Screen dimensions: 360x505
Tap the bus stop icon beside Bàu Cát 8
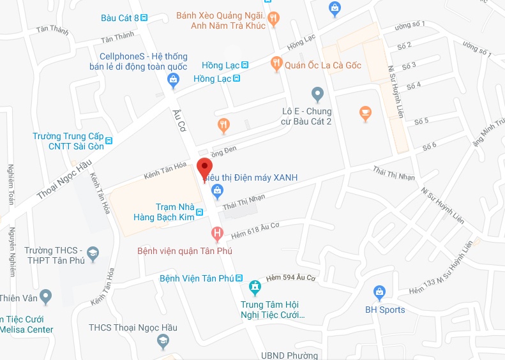144,18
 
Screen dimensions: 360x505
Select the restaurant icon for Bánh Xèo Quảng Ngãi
274,19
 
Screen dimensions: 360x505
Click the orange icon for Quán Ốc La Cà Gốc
276,64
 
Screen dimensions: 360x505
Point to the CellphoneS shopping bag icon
172,80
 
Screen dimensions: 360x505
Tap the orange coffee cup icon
365,114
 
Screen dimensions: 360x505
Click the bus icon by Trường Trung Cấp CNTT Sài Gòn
110,141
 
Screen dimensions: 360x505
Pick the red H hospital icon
218,234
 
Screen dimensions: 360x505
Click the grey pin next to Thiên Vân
45,296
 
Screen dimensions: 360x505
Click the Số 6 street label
429,147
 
